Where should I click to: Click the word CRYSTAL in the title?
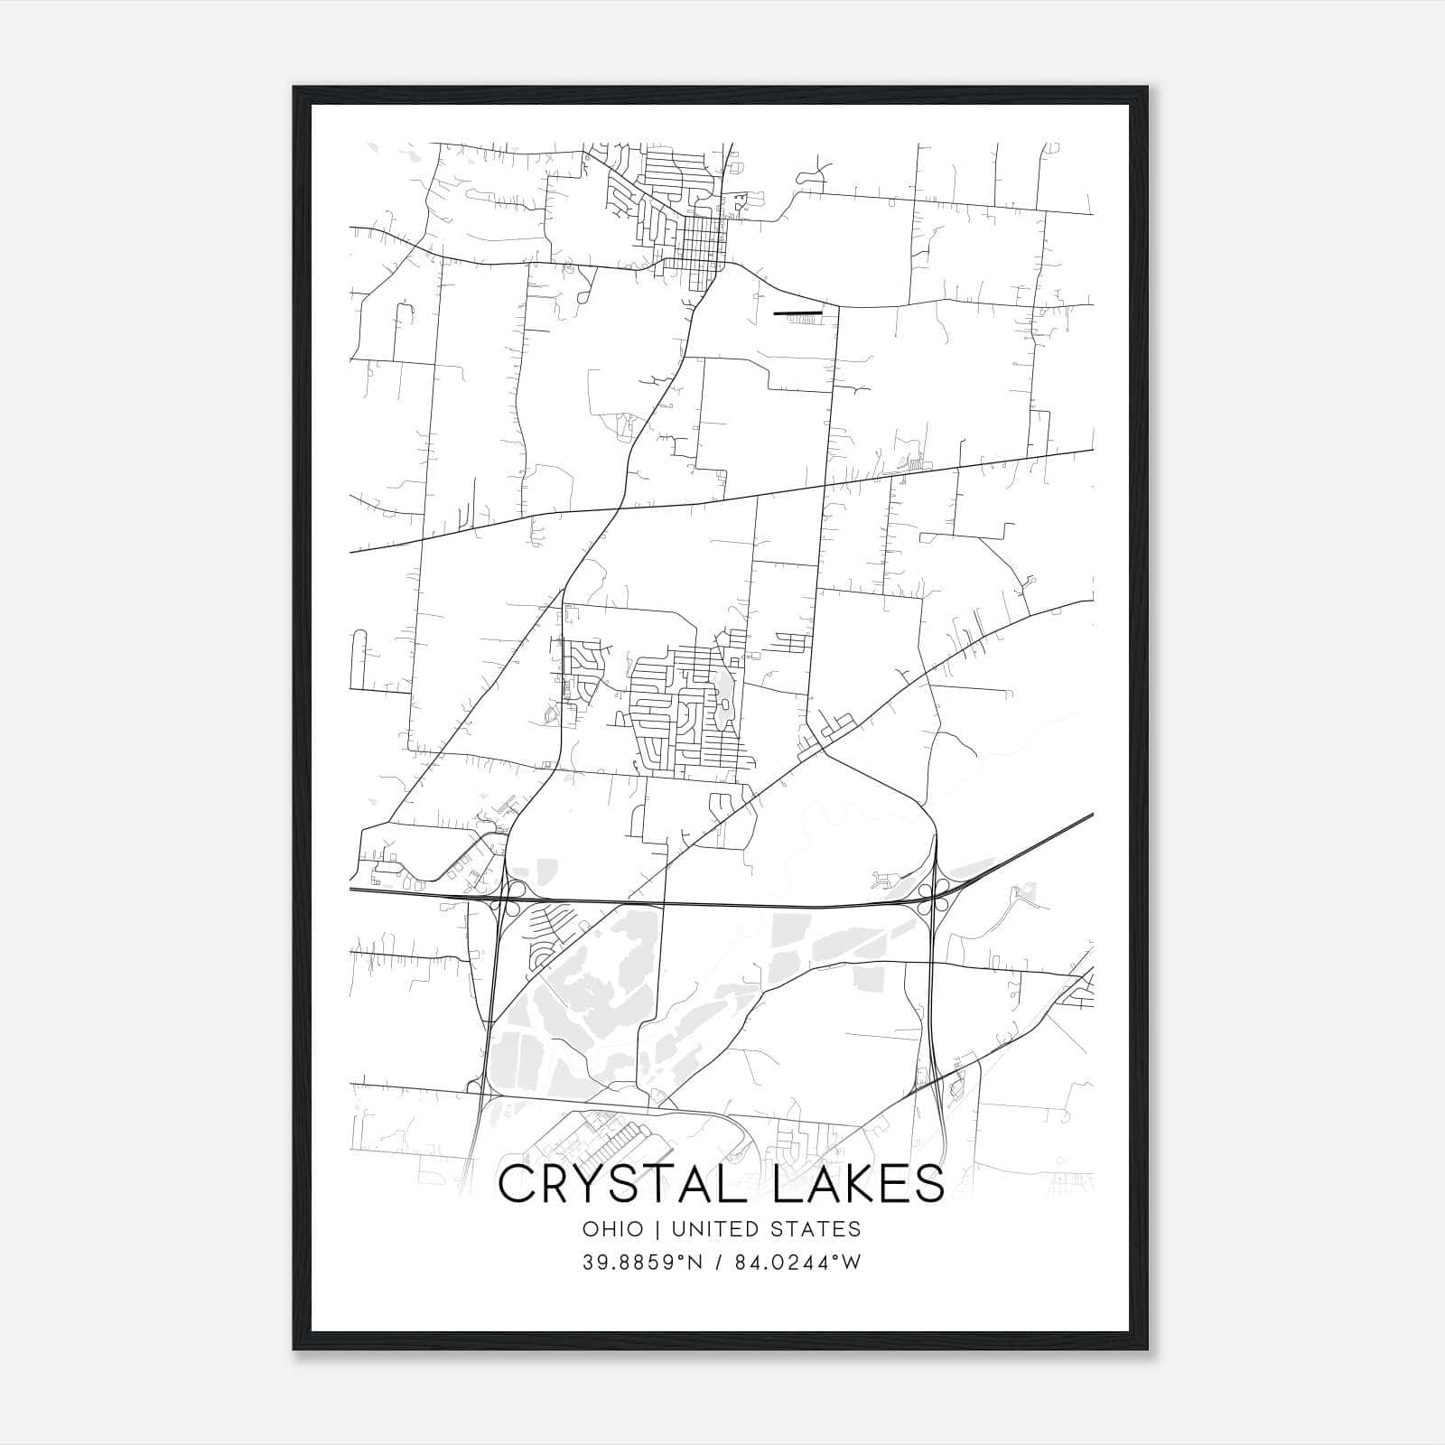click(620, 1184)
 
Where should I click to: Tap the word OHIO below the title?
click(613, 1229)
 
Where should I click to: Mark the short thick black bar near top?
click(798, 312)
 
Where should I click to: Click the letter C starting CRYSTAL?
click(514, 1184)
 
